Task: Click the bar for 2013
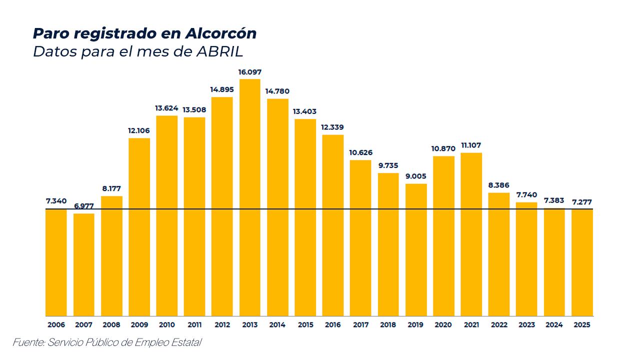coord(249,197)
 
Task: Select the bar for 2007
coord(84,264)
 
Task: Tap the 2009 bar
coord(139,227)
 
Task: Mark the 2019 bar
coord(416,249)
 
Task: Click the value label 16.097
coord(249,72)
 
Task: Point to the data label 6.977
coord(84,206)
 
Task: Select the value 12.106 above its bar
coord(139,131)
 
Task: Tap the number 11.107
coord(471,145)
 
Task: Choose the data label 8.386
coord(499,185)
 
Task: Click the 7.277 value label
coord(582,202)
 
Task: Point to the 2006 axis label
coord(56,324)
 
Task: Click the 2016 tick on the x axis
coord(333,324)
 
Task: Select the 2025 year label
coord(582,324)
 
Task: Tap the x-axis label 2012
coord(222,324)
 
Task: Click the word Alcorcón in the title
coord(220,33)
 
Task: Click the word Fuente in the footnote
coord(27,342)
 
